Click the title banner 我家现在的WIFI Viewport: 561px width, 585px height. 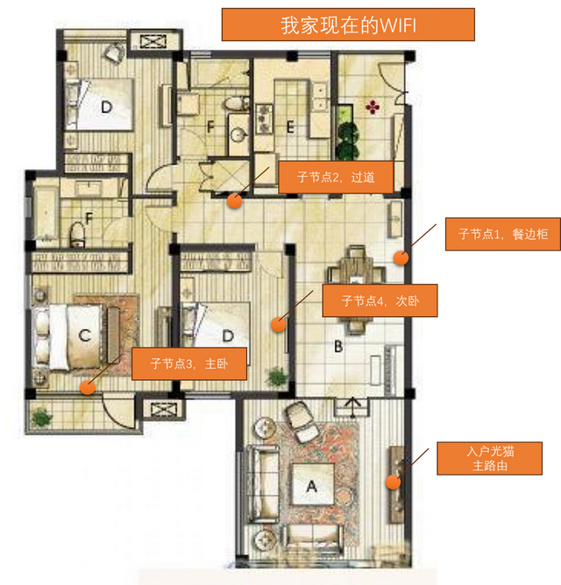[x=348, y=25]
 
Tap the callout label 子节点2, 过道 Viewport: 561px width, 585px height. [x=336, y=177]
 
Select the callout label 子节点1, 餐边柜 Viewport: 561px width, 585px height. [x=503, y=235]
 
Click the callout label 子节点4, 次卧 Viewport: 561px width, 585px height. [x=380, y=300]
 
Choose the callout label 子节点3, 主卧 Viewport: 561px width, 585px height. [x=189, y=363]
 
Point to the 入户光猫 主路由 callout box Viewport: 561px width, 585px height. [x=489, y=459]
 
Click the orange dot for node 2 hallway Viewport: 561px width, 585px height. [x=235, y=201]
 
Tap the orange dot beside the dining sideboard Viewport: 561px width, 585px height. [x=401, y=257]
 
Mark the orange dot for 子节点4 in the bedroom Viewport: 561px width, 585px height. [x=278, y=325]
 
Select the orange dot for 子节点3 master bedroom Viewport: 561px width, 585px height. [x=88, y=387]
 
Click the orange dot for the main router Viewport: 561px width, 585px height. [x=393, y=482]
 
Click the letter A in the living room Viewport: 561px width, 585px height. [x=312, y=486]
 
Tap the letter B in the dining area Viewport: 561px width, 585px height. [x=338, y=347]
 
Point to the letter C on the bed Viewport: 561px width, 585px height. [x=85, y=335]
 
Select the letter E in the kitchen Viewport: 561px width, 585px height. [x=290, y=128]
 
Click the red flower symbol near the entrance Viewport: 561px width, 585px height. [x=373, y=108]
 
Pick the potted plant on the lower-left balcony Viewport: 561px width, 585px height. [x=41, y=417]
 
